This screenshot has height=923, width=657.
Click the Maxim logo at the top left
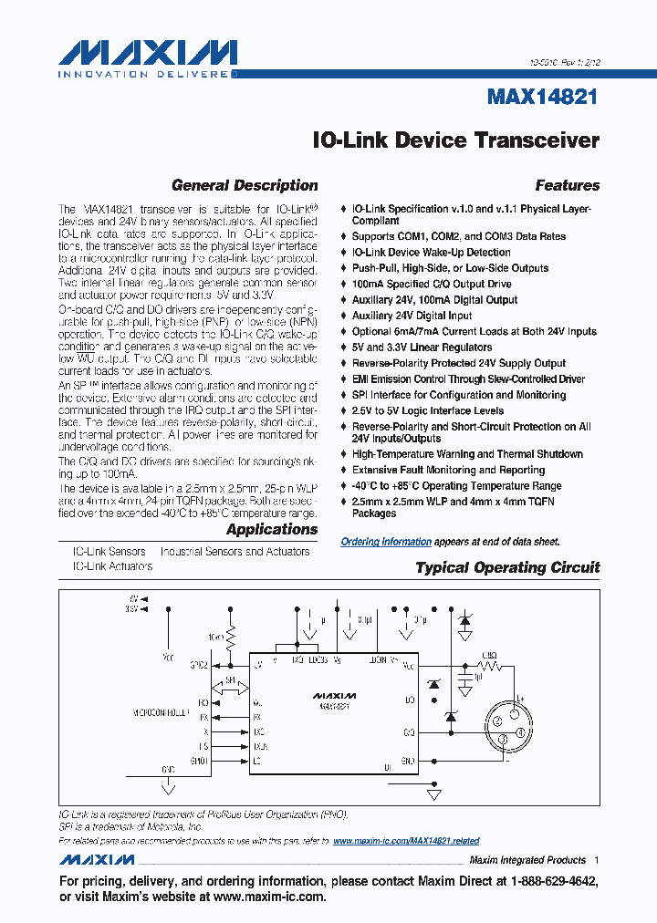[x=148, y=57]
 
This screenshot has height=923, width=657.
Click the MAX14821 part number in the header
[x=544, y=96]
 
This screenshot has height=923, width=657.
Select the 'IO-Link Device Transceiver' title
[x=455, y=140]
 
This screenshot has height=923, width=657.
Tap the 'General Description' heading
[x=245, y=185]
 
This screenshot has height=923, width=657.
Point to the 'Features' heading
[x=567, y=185]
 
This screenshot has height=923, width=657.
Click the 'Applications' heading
[x=272, y=529]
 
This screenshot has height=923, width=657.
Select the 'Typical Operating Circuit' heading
[x=507, y=567]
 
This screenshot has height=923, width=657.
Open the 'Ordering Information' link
[x=386, y=542]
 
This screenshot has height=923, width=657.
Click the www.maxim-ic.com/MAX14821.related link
[x=406, y=841]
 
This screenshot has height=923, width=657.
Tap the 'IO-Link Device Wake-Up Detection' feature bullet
[x=431, y=253]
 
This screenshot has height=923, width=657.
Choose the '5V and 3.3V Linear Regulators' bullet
[x=422, y=347]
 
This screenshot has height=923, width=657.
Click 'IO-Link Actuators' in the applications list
[x=112, y=566]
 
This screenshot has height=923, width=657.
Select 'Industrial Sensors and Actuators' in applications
[x=235, y=552]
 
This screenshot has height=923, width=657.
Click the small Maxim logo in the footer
[x=97, y=860]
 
